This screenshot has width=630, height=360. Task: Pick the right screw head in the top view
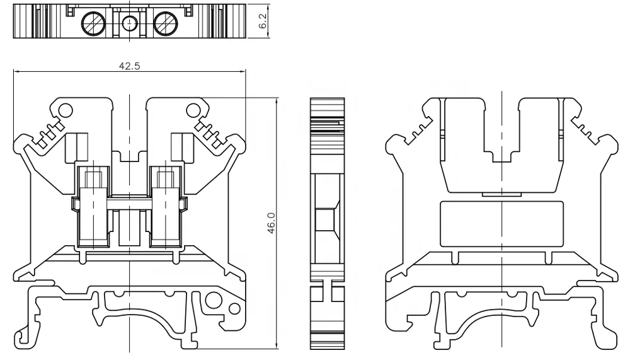[166, 23]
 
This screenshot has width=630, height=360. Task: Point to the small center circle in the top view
[129, 23]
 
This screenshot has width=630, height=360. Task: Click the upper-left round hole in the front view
[64, 110]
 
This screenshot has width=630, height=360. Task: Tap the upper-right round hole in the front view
[193, 110]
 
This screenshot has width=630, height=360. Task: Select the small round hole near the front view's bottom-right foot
[234, 309]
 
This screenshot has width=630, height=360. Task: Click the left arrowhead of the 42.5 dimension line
[16, 73]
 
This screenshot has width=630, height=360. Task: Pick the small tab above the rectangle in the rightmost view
[501, 195]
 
